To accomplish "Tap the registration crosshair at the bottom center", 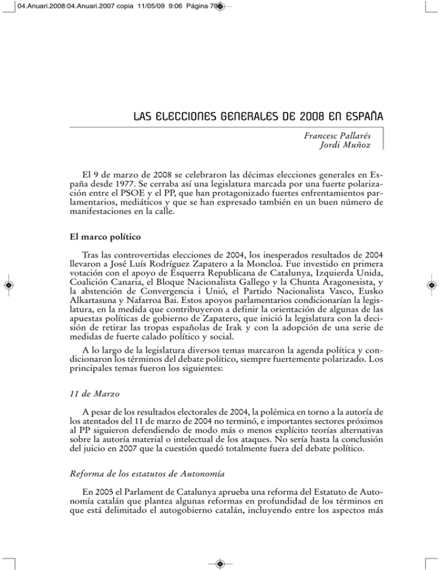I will click(x=220, y=562).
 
